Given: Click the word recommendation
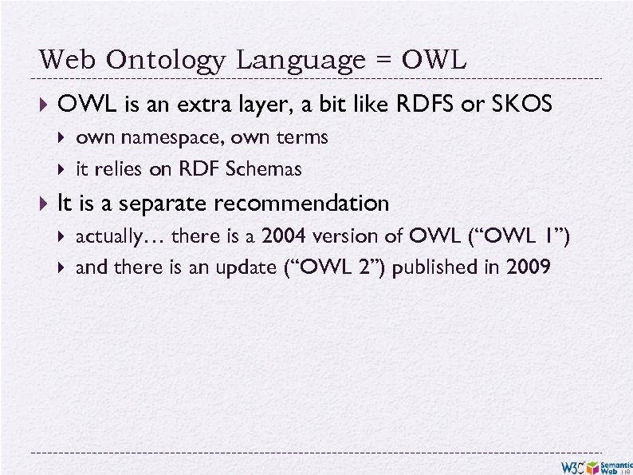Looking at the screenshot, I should [x=301, y=204].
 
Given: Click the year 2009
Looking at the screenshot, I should [x=528, y=267].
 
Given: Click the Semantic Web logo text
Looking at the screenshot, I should [x=615, y=467].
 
